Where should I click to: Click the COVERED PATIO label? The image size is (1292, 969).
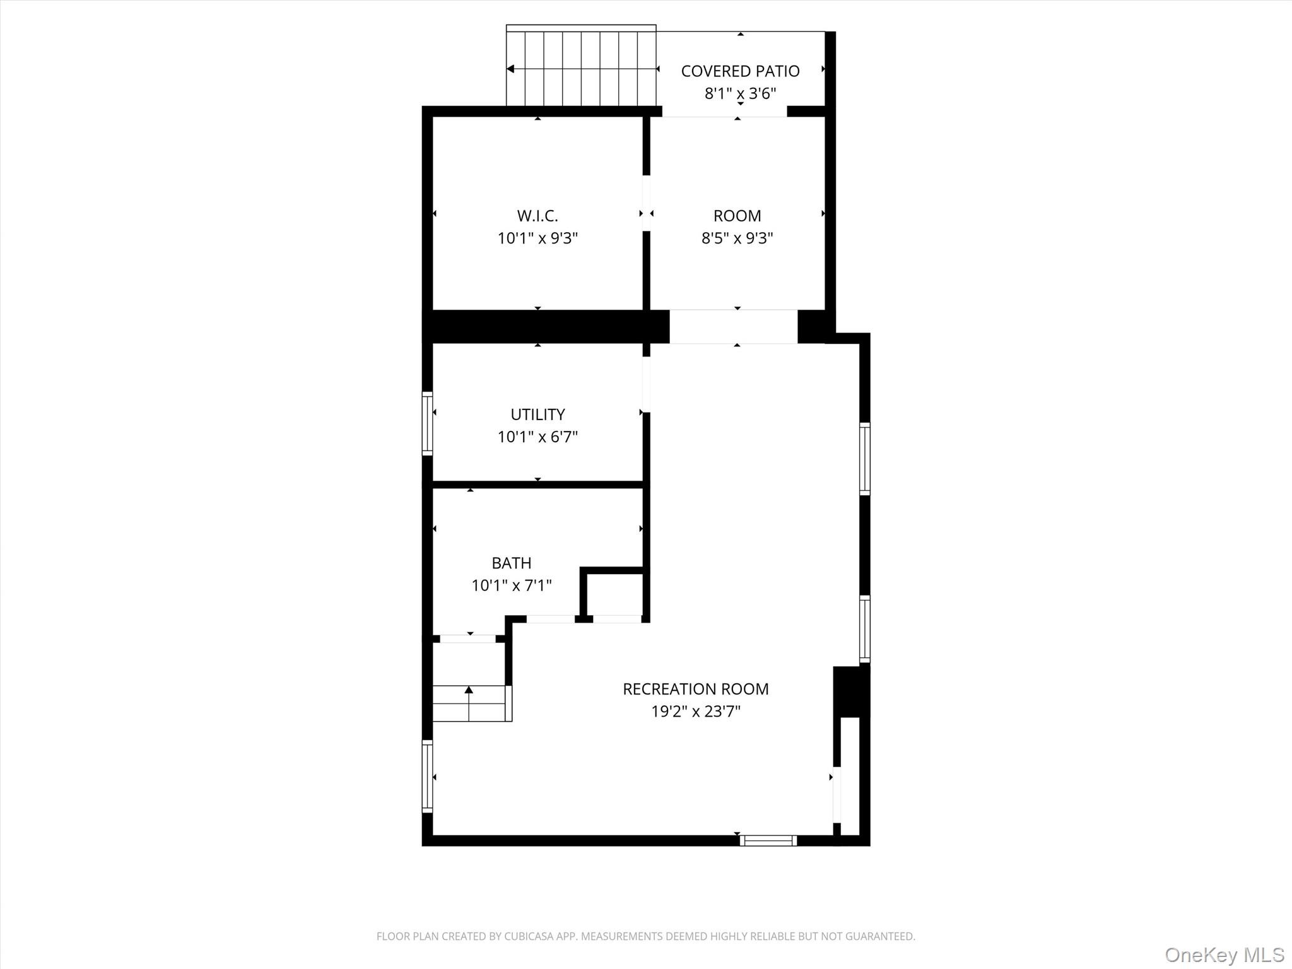740,71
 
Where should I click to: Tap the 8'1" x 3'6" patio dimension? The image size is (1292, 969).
740,94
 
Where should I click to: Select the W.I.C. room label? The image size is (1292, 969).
537,216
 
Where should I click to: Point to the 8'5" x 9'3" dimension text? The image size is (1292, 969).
737,238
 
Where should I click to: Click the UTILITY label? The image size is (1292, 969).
537,414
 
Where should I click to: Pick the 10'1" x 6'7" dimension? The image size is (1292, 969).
537,437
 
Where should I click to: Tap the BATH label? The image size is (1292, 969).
511,563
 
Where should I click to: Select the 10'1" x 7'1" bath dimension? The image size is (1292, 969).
511,585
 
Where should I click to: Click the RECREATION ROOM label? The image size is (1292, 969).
695,689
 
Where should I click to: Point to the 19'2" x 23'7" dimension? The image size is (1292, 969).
695,712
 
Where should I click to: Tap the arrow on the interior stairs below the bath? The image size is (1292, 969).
469,691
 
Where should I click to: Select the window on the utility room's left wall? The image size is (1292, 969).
427,423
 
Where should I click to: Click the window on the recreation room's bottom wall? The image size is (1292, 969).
768,840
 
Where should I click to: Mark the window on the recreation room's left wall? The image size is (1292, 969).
427,776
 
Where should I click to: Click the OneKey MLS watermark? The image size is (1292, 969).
1224,954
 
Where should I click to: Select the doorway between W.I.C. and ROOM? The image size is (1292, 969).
646,203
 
